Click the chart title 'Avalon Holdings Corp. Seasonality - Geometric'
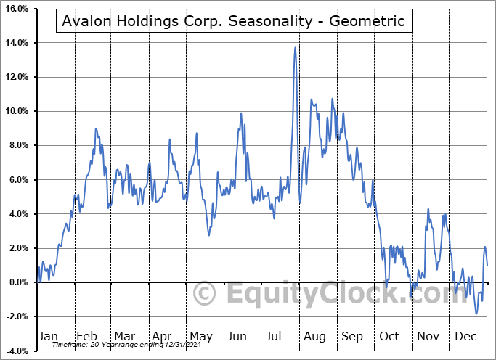tap(233, 21)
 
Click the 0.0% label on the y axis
tap(18, 282)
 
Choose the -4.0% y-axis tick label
tap(17, 351)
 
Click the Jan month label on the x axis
tap(47, 336)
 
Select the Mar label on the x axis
tap(124, 336)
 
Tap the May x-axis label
tap(200, 336)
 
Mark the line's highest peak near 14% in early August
tap(295, 48)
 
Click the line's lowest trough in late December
tap(476, 314)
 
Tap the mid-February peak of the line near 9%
tap(96, 128)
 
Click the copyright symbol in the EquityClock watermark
tap(206, 294)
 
